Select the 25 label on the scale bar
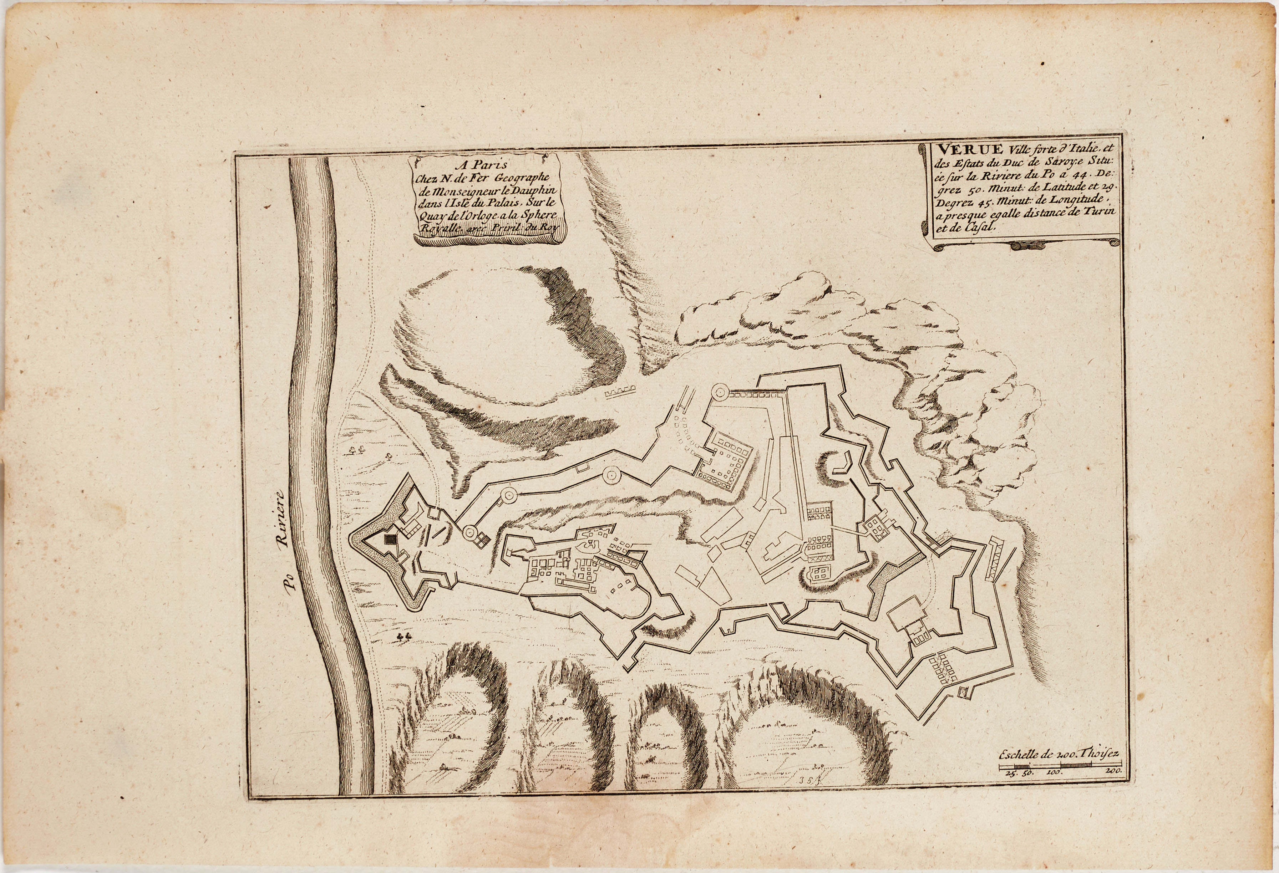tap(1008, 773)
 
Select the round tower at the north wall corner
tap(719, 393)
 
